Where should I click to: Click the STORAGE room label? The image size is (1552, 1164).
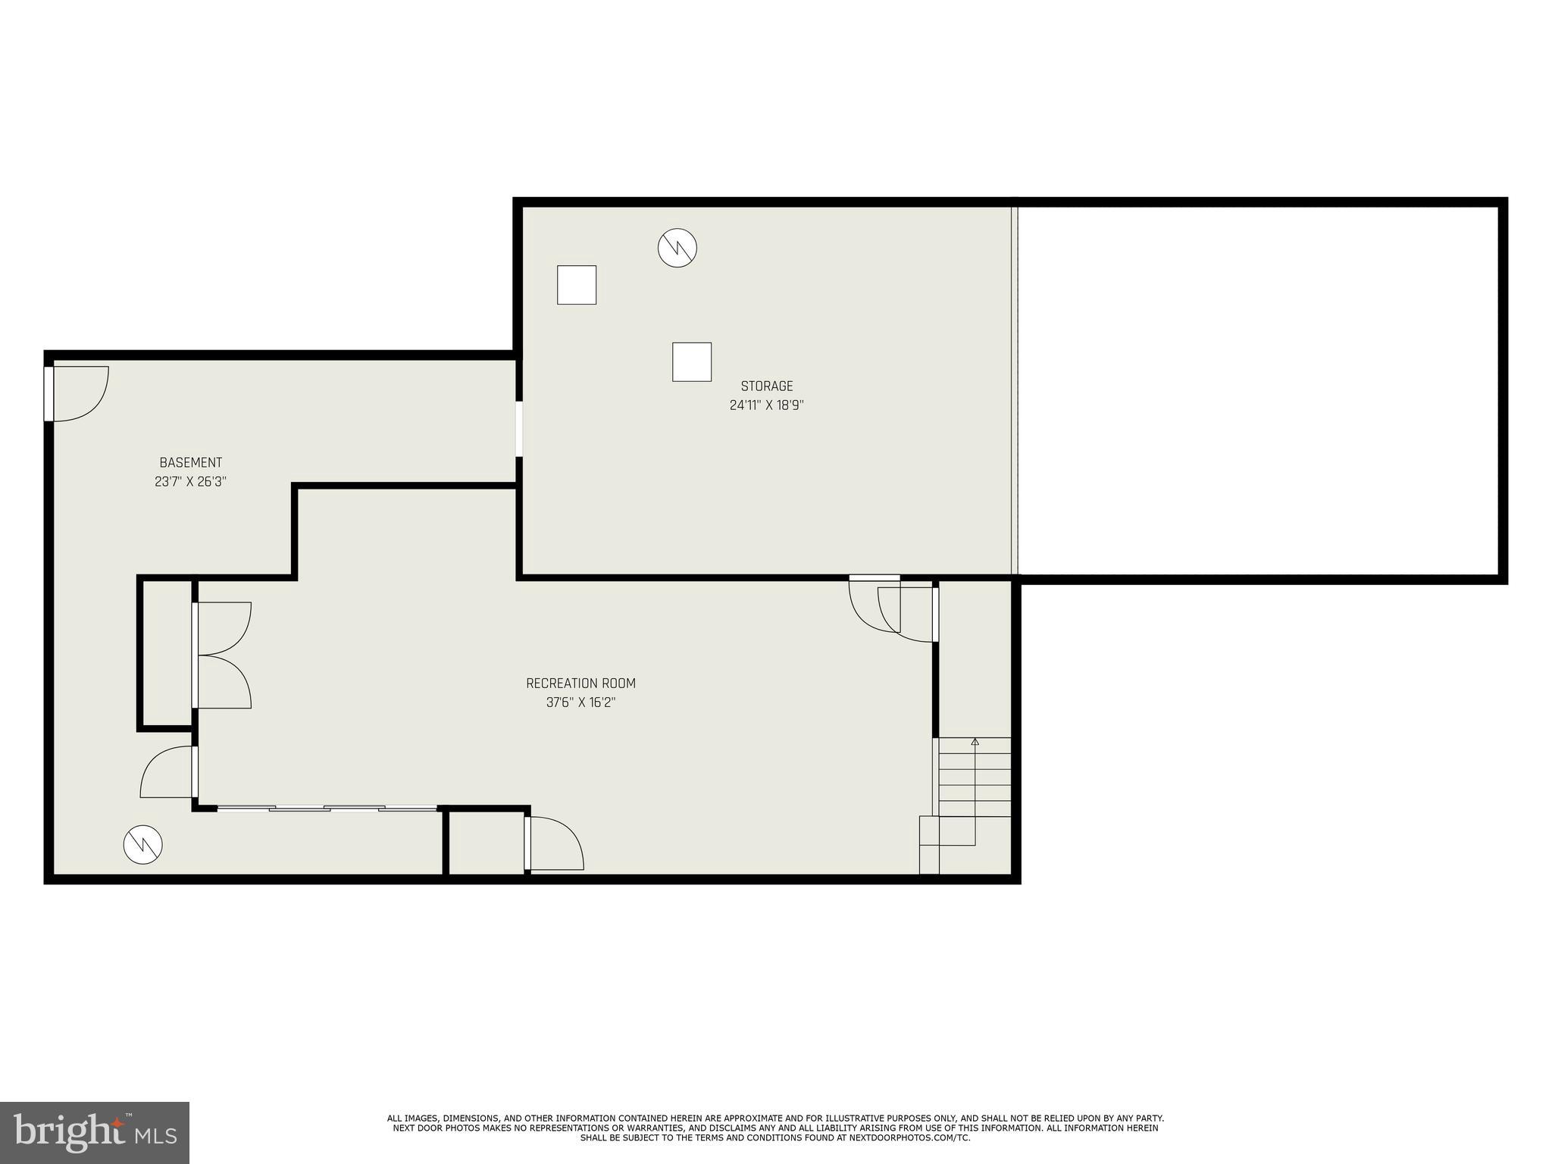point(766,386)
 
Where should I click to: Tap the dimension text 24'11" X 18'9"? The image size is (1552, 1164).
point(766,405)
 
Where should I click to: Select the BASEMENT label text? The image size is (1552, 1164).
point(191,462)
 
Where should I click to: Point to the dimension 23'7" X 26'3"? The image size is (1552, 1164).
point(191,481)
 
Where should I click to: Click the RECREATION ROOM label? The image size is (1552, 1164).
point(580,684)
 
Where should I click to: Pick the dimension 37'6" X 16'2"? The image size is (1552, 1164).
point(580,702)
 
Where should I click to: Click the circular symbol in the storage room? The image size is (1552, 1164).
point(677,248)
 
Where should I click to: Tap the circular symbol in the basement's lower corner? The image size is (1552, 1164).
point(143,844)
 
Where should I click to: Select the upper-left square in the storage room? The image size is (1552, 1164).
point(577,285)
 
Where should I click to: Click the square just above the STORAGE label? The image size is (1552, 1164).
point(692,362)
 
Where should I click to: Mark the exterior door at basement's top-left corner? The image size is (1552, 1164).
point(76,393)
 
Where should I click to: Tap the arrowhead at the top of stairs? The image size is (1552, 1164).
point(975,742)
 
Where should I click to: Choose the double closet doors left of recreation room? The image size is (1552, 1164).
point(221,656)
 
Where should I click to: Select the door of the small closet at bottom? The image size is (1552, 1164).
point(555,843)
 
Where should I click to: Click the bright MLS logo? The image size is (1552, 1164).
point(94,1132)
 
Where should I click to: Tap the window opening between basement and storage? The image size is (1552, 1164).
point(519,429)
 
